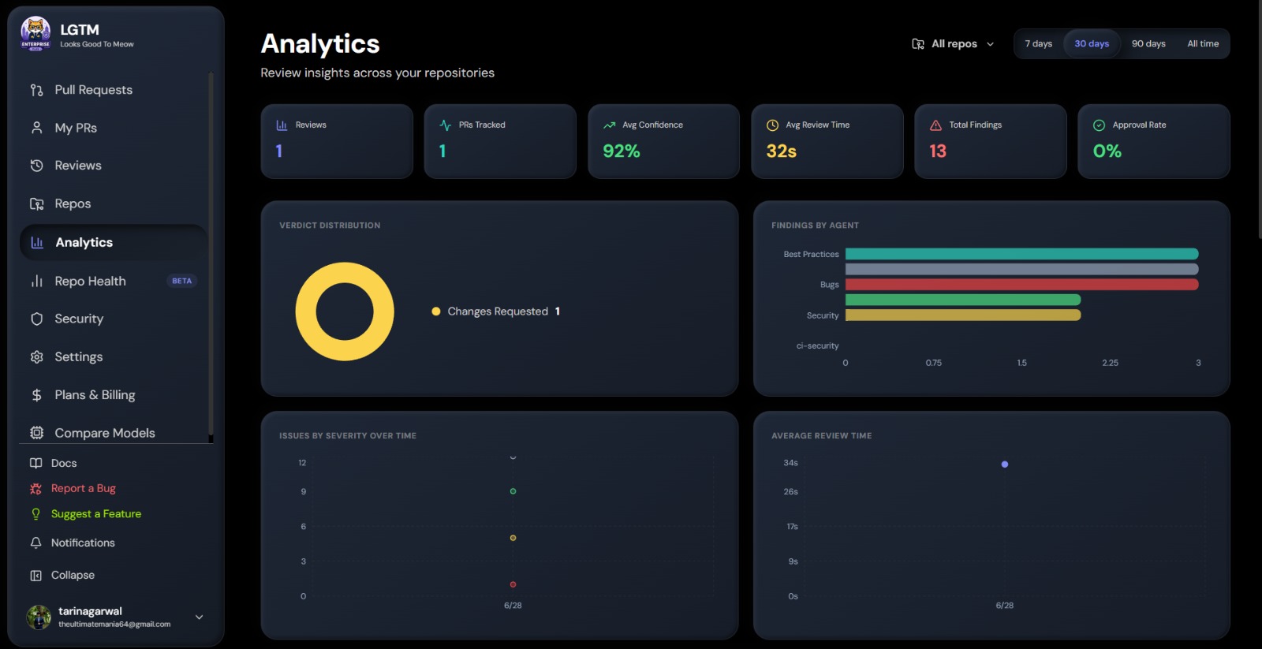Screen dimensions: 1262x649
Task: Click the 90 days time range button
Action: tap(1148, 43)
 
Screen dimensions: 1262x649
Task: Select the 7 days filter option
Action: tap(1038, 43)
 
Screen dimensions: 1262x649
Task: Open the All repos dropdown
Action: tap(953, 43)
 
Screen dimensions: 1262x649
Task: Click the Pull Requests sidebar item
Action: tap(94, 90)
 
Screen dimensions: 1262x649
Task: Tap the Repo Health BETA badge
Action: tap(181, 281)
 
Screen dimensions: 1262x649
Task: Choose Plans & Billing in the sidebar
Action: tap(95, 395)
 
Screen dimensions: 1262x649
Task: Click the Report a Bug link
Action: tap(83, 488)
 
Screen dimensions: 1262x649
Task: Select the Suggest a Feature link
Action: tap(95, 514)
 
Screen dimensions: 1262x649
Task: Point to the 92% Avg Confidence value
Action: tap(622, 151)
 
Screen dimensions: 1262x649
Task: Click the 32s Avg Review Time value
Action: tap(781, 151)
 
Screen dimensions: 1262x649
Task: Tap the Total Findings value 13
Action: tap(938, 151)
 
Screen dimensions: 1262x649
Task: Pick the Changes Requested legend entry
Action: tap(496, 311)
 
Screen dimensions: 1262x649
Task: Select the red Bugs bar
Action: tap(1021, 285)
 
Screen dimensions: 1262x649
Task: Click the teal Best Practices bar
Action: tap(1021, 254)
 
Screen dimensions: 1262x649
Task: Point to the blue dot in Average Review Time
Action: tap(1005, 464)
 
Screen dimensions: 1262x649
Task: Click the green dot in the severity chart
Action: tap(513, 491)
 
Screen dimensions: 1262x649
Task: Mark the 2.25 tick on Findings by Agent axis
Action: tap(1110, 363)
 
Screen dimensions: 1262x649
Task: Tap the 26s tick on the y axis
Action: tap(790, 491)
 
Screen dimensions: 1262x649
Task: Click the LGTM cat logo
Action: tap(35, 33)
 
